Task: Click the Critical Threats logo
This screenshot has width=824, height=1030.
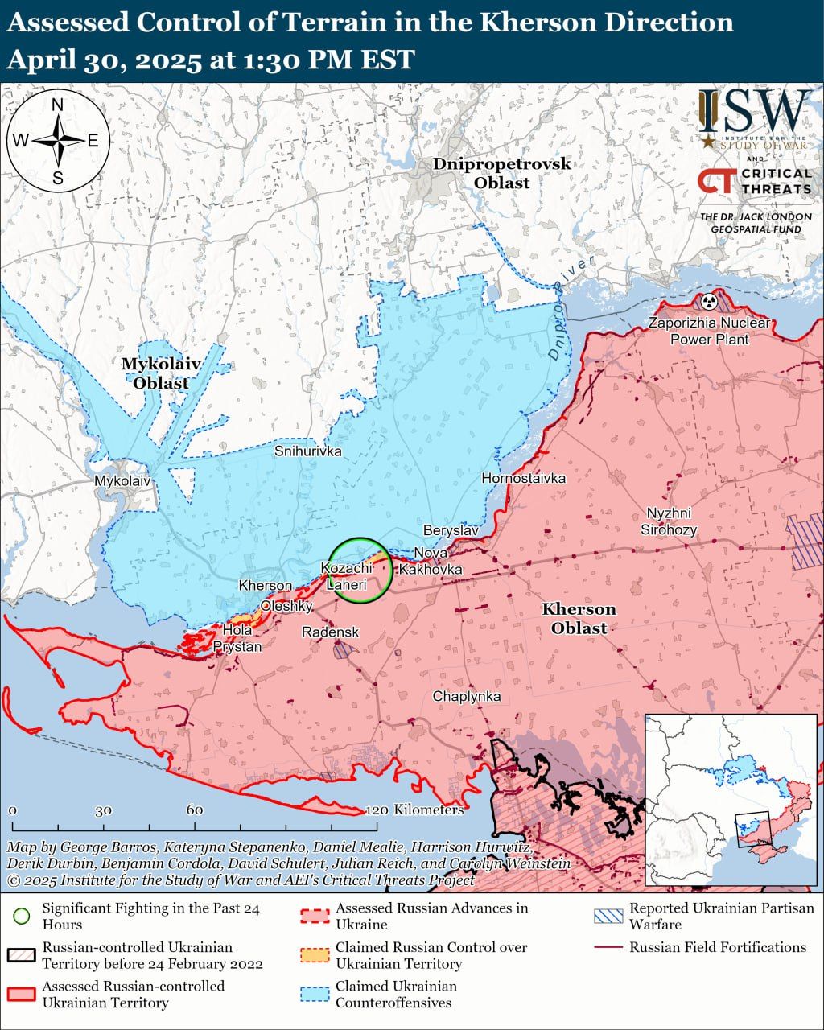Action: pos(754,181)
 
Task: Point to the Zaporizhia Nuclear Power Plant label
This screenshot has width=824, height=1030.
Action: pos(710,331)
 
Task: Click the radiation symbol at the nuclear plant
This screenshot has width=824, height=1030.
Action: pos(708,302)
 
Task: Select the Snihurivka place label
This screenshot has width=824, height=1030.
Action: pos(307,451)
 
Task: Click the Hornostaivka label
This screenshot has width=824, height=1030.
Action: pos(523,479)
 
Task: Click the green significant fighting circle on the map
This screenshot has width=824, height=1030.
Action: pos(361,570)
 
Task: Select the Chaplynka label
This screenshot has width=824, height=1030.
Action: pos(467,697)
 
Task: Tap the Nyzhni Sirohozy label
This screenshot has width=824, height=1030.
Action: pos(668,521)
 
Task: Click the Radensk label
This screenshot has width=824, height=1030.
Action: pos(330,632)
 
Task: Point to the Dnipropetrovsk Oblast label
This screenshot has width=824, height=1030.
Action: pos(501,173)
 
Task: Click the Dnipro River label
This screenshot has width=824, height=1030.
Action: pos(572,307)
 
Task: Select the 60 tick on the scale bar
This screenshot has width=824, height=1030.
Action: pos(195,810)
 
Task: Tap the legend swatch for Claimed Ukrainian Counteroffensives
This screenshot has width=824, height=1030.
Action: pos(315,994)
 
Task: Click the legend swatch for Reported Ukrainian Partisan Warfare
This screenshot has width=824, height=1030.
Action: pos(608,916)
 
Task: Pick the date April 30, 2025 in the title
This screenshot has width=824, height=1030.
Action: pos(105,60)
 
